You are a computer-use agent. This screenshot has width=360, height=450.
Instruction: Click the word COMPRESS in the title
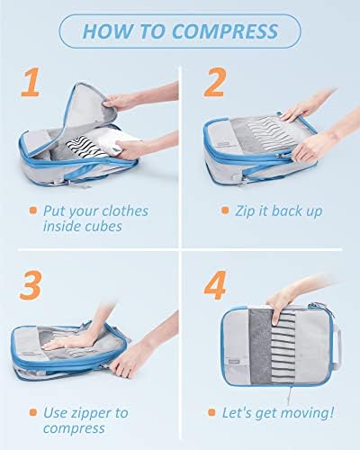coord(225,31)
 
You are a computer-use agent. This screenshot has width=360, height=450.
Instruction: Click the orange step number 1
coord(31,82)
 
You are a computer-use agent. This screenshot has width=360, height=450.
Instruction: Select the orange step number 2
coord(214,82)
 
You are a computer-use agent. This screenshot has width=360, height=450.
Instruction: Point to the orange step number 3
coord(31,285)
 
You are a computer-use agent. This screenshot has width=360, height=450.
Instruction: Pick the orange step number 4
coord(215,285)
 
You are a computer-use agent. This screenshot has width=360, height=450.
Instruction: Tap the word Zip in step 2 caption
coord(245,211)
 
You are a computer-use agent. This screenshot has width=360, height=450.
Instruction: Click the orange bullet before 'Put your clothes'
coord(33,210)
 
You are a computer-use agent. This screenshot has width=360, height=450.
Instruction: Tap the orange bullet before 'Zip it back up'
coord(225,211)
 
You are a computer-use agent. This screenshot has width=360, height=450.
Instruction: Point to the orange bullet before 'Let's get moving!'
coord(211,412)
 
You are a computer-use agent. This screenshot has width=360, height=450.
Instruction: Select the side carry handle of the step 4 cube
coord(337,345)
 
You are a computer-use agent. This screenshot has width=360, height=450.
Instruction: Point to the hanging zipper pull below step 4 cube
coord(290,395)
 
